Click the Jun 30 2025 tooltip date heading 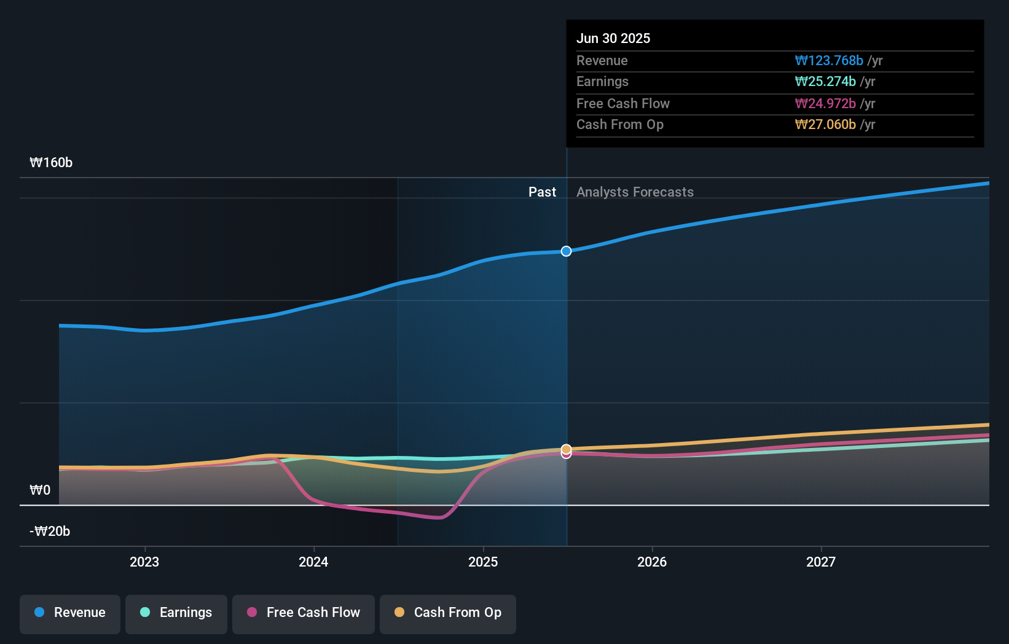tap(613, 38)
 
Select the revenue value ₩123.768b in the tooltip tap(828, 60)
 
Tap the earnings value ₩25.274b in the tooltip tap(825, 81)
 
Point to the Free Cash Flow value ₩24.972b tap(825, 103)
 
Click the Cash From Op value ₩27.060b tap(825, 124)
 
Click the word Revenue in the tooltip tap(602, 60)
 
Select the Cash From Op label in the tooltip tap(619, 124)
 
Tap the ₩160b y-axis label tap(51, 162)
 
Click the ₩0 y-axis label tap(40, 490)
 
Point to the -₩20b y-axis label tap(50, 531)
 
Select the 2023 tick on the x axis tap(144, 562)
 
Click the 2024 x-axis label tap(313, 562)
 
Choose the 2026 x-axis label tap(652, 562)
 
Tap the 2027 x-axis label tap(821, 562)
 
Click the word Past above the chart tap(542, 192)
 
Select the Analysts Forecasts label tap(635, 192)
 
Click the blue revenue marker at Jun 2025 tap(566, 251)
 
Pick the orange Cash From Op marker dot tap(566, 449)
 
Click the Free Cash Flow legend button tap(304, 613)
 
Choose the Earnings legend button tap(176, 613)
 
